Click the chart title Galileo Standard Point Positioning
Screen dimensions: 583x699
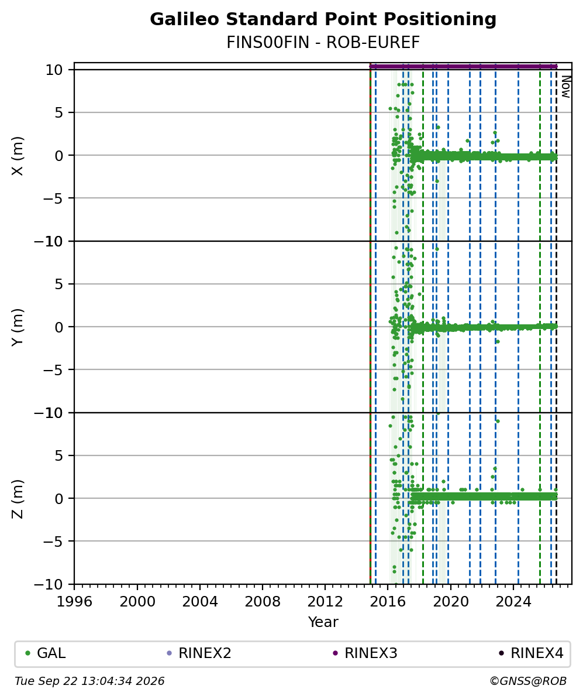[323, 20]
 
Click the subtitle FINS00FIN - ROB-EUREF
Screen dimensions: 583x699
[323, 42]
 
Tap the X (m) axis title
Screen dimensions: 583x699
[18, 156]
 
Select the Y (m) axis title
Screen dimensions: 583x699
[18, 327]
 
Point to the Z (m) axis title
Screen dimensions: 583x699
[18, 499]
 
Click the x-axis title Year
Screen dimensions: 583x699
[323, 622]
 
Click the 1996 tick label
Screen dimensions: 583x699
[74, 602]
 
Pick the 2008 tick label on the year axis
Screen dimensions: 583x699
[263, 602]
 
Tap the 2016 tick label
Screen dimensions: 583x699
[388, 602]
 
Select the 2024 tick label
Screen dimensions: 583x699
[513, 602]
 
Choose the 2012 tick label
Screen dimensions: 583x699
[325, 602]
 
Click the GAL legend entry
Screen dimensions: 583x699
[46, 653]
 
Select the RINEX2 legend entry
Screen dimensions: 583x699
[199, 653]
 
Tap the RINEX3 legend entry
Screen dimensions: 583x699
[365, 653]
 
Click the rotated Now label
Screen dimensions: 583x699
[565, 87]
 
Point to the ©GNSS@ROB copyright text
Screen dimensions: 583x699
[528, 681]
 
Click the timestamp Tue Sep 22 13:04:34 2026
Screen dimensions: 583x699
[89, 681]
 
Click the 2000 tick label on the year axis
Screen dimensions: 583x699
[137, 602]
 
